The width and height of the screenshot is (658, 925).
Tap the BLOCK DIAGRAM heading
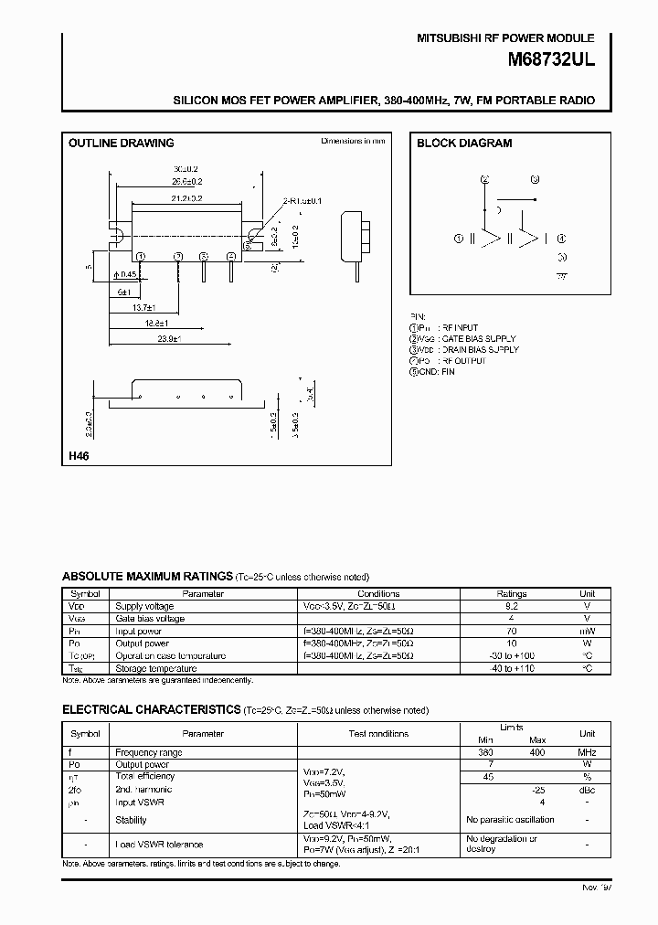(x=464, y=144)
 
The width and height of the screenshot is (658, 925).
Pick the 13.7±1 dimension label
(x=141, y=308)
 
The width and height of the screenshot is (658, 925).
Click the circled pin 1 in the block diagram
(x=460, y=239)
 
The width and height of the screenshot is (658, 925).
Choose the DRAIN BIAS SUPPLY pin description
(x=479, y=349)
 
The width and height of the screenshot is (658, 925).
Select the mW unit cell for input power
(x=588, y=631)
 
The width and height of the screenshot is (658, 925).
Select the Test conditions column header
(x=378, y=733)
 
